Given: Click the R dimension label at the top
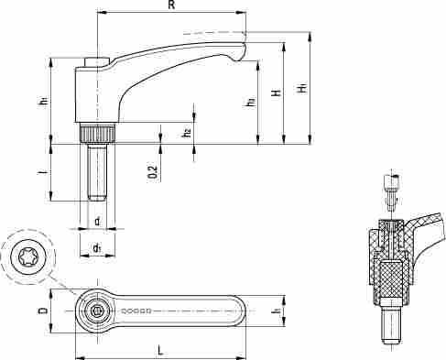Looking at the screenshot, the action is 172,5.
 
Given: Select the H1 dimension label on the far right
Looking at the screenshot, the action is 302,88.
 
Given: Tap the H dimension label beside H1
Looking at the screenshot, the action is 277,93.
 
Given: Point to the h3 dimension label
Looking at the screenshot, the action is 250,102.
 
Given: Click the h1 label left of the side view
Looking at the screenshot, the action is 45,101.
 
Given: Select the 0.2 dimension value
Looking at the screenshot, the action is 153,172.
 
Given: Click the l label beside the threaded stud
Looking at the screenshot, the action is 45,172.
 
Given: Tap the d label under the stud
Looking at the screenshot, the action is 97,221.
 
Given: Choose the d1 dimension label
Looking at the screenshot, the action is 97,248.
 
